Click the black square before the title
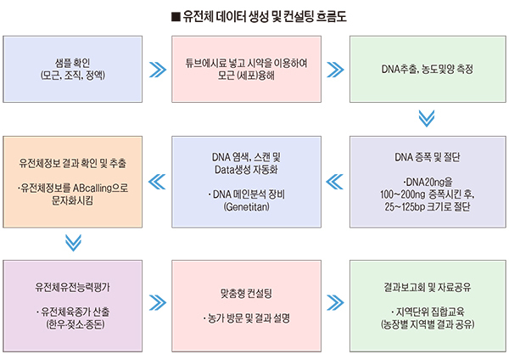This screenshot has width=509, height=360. point(176,17)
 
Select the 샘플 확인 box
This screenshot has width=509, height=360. point(73,70)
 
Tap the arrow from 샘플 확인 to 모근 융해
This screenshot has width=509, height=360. point(158,70)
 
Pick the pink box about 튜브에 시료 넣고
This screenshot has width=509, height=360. point(246,70)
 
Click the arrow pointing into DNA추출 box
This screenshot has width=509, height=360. point(335,70)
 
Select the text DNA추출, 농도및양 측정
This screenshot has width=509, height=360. point(428,70)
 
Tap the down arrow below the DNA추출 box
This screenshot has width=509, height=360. point(427,119)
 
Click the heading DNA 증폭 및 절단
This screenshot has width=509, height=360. point(428,157)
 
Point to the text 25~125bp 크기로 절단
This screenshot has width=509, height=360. point(428,207)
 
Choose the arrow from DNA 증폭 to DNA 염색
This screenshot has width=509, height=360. point(335,182)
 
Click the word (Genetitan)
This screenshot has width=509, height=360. point(246,207)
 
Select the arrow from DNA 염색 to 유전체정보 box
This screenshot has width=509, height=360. point(157,182)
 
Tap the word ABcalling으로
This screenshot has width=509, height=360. point(100,188)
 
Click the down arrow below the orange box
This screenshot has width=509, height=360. point(73,243)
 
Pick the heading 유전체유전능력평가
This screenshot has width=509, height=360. point(73,287)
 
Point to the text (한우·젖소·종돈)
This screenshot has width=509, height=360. point(76,324)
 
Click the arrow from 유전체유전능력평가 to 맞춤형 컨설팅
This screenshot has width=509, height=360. point(158,303)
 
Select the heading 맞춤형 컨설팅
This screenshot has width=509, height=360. point(246,294)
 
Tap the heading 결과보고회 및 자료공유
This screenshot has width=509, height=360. point(428,287)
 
